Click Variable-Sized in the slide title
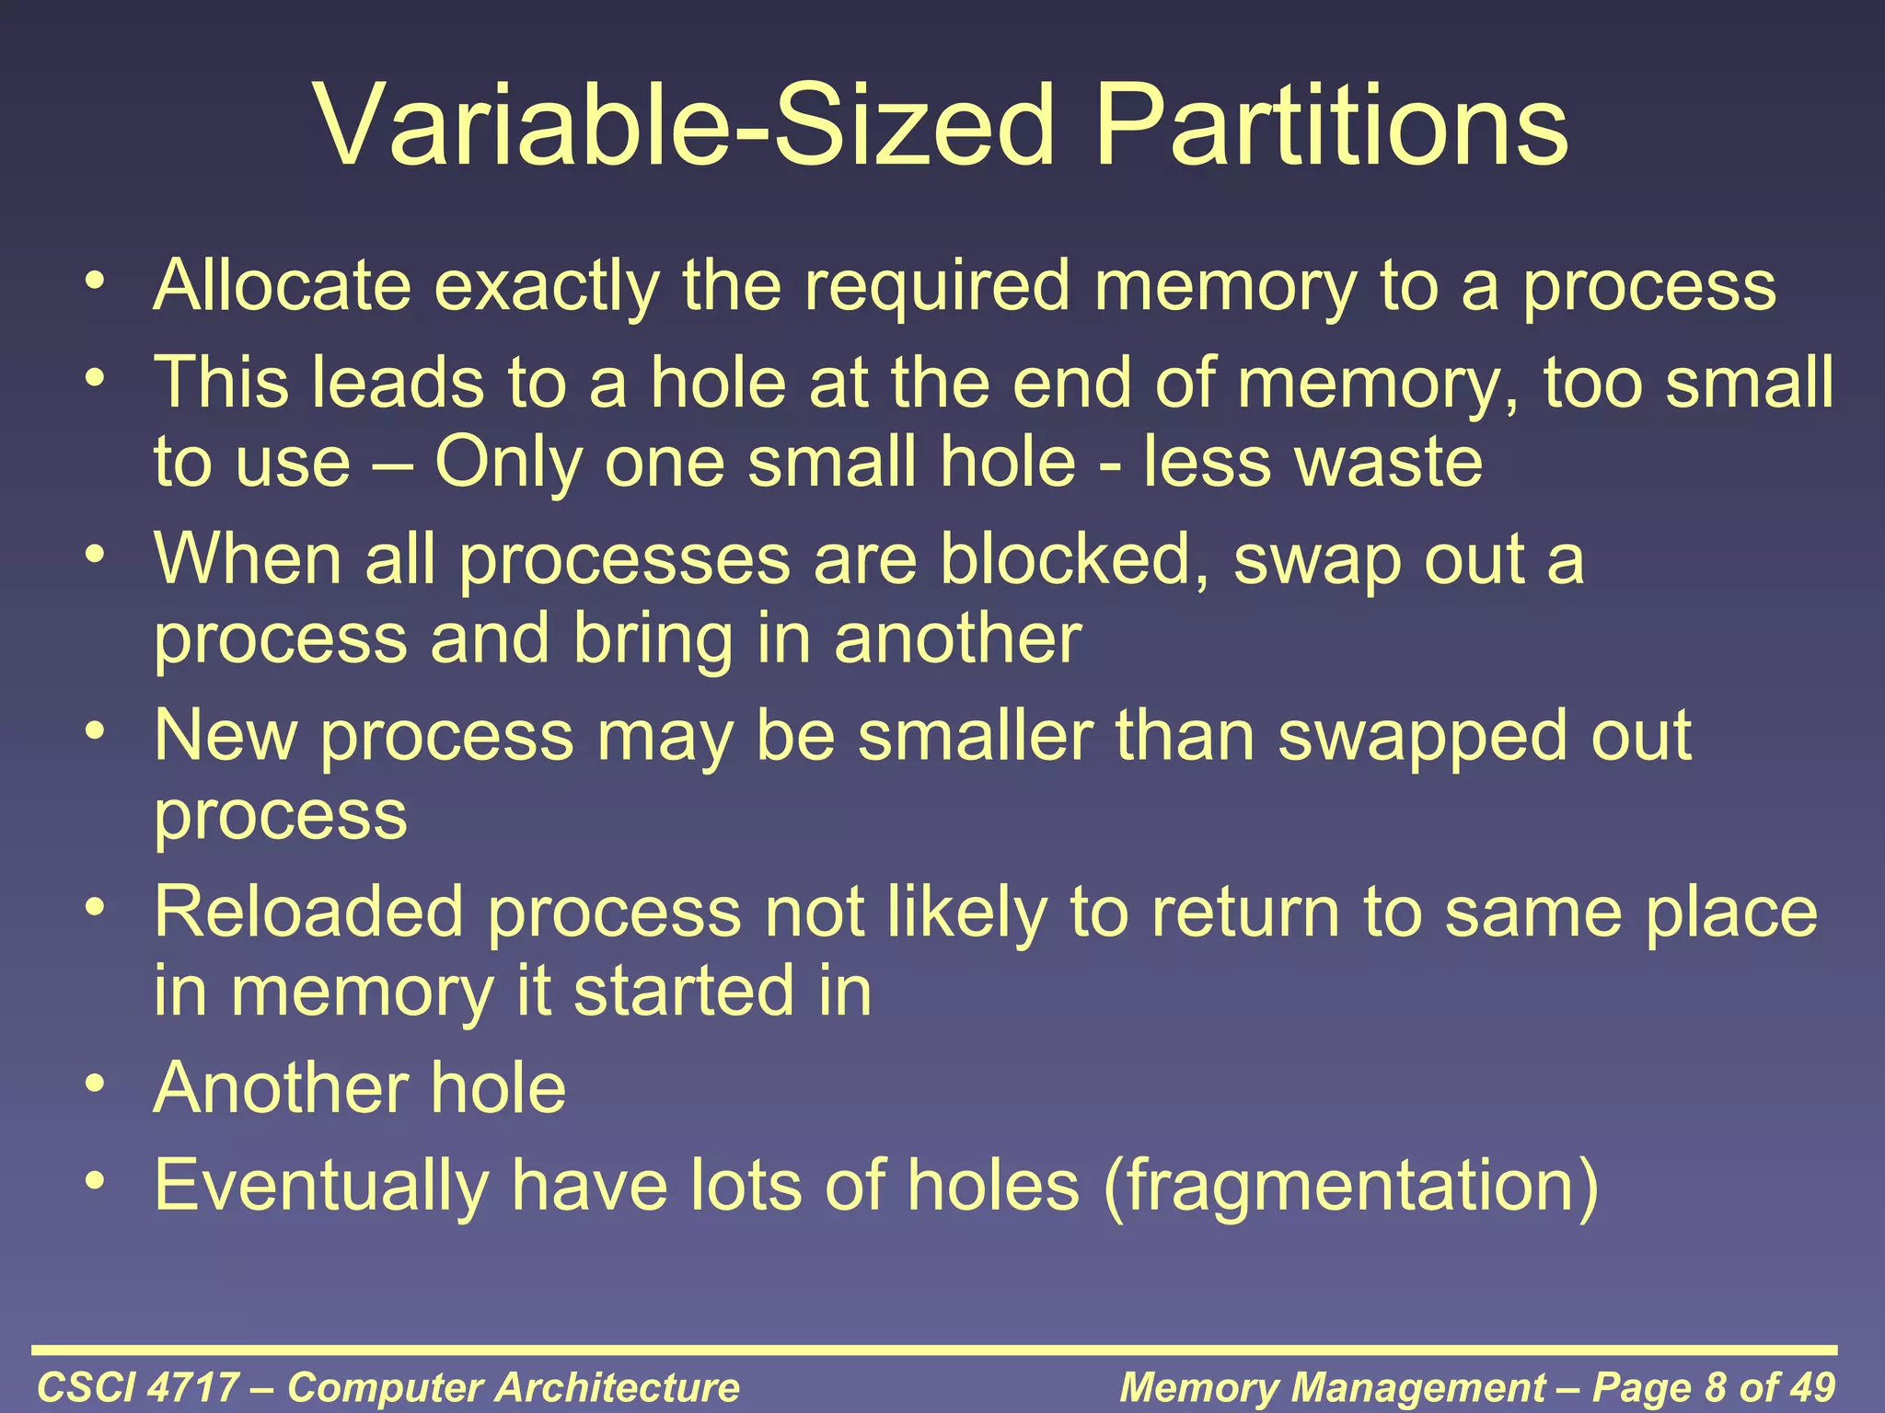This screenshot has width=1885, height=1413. [684, 126]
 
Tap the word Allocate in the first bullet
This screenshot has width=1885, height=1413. [283, 286]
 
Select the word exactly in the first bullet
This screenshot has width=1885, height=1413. [547, 286]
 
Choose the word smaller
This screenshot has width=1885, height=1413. [976, 736]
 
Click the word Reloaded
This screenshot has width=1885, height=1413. [309, 912]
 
